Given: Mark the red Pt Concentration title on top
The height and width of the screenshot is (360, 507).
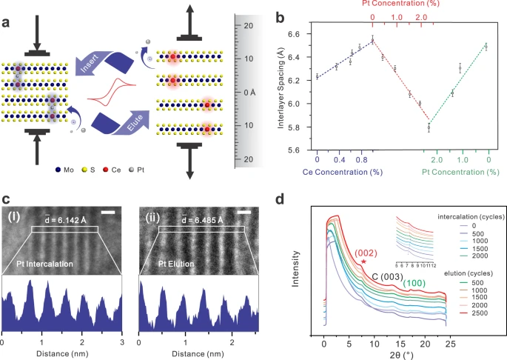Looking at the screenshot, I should tap(402, 4).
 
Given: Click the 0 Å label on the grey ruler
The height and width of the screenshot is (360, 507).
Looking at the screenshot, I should tap(251, 92).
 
